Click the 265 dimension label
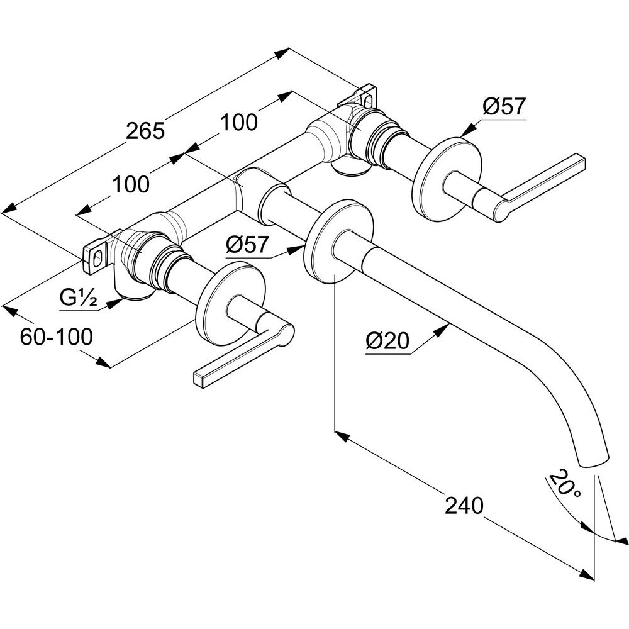145,131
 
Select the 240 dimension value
464,506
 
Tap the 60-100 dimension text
57,337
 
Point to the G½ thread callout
78,298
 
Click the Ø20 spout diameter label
387,342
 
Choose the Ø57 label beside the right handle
504,106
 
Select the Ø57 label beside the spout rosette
247,245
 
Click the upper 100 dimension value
239,123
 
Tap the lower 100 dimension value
131,184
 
